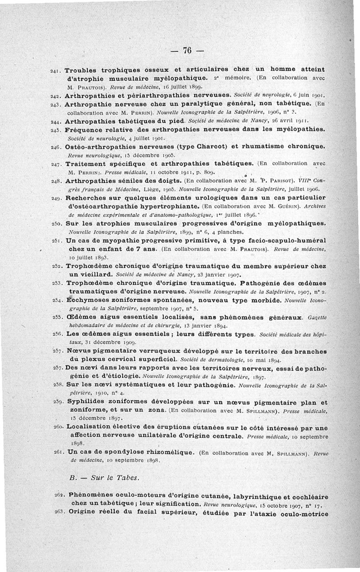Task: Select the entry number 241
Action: point(56,71)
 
